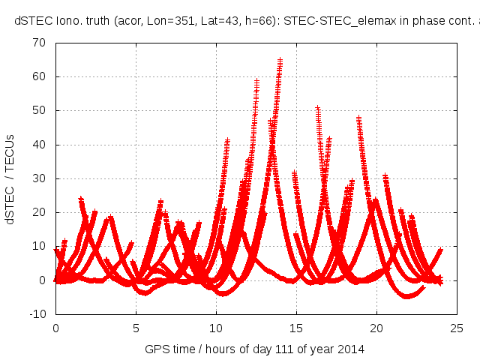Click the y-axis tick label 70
(40, 43)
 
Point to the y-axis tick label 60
(40, 76)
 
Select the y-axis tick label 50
(40, 110)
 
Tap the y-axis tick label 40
(40, 145)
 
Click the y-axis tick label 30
(40, 178)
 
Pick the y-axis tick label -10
(37, 314)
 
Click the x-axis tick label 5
(136, 328)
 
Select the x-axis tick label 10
(216, 328)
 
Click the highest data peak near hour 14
(280, 60)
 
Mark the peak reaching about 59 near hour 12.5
(256, 79)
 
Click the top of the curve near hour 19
(358, 118)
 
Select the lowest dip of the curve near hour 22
(408, 296)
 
